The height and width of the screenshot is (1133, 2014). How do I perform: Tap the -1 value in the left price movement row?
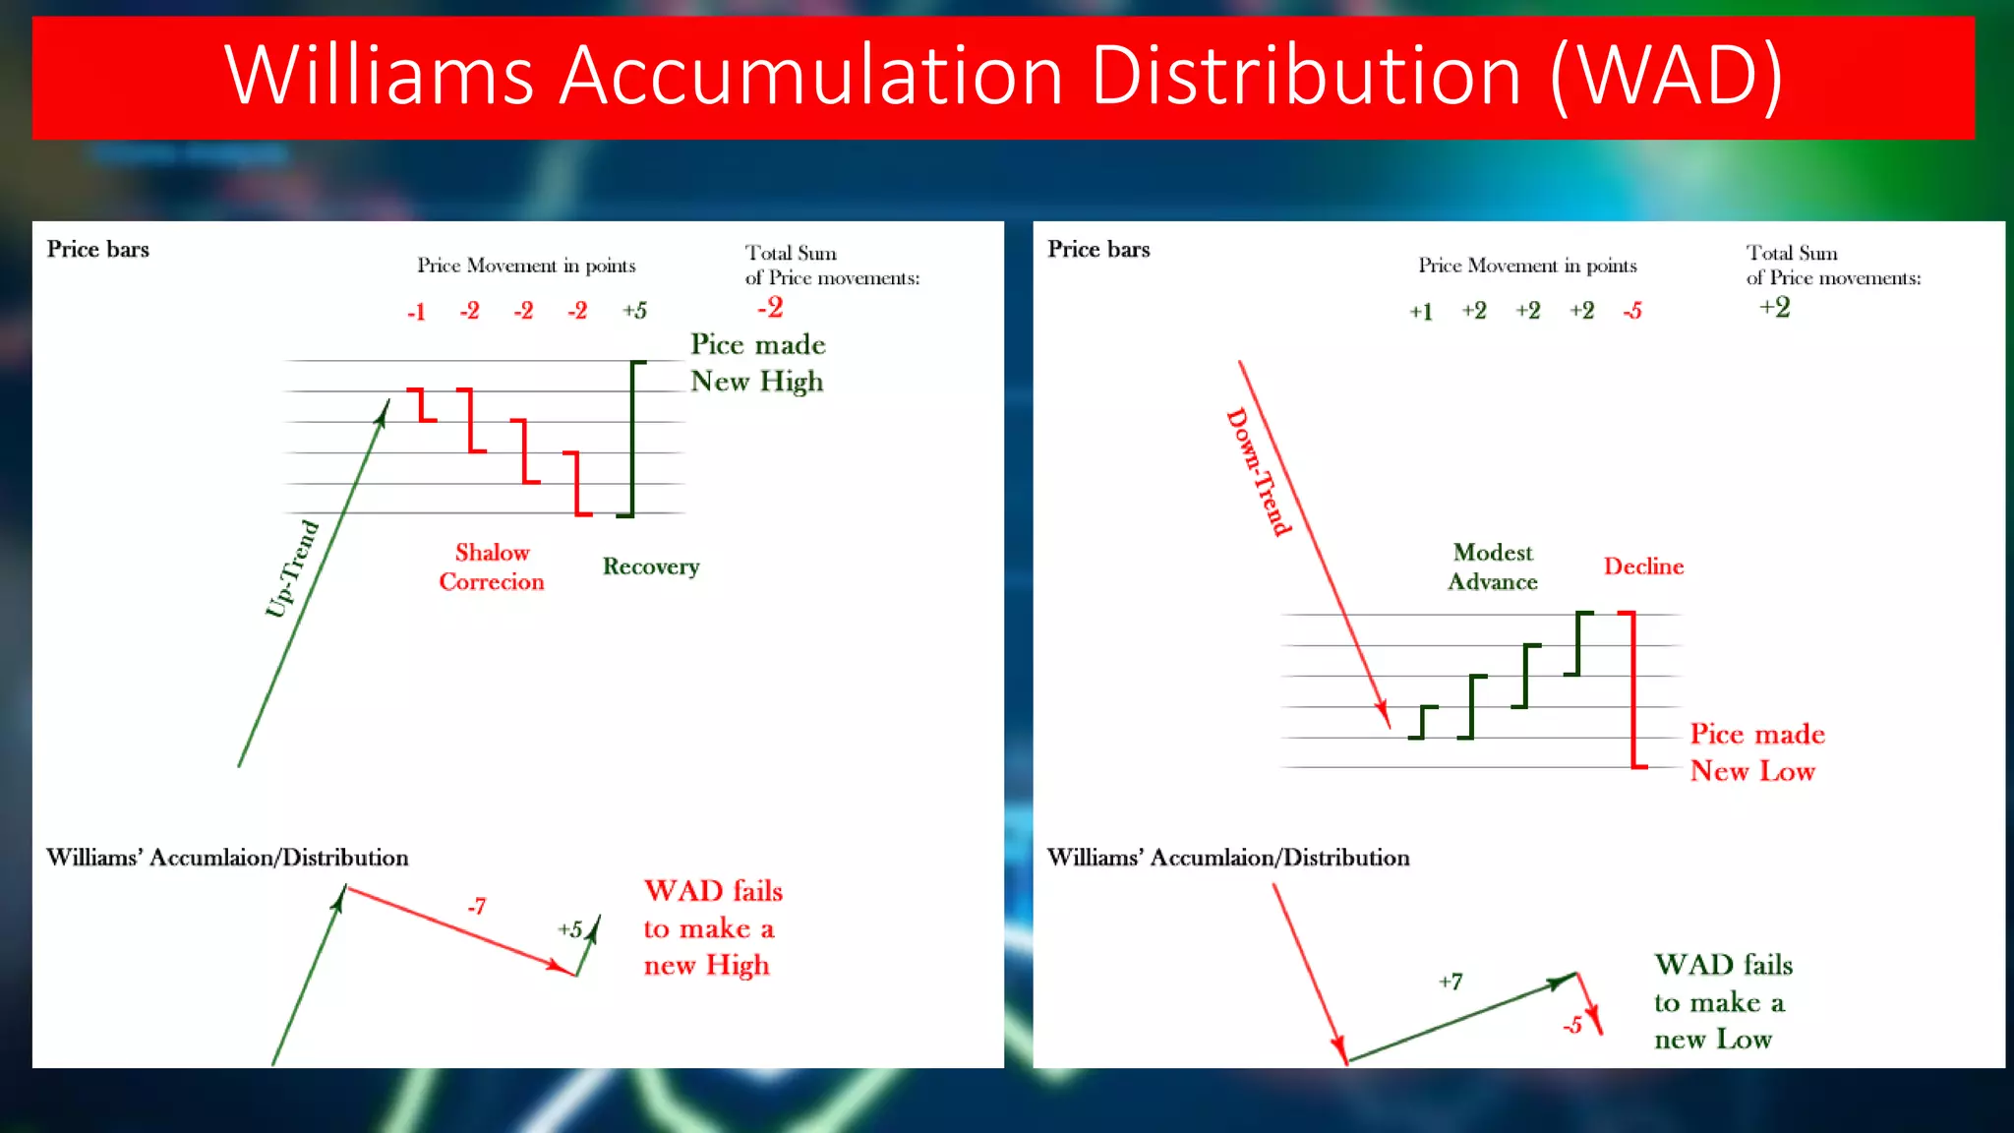coord(416,312)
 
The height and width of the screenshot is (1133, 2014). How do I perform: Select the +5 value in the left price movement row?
coord(634,311)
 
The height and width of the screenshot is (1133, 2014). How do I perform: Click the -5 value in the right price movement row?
coord(1632,311)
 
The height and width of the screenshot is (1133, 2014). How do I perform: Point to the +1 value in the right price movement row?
coord(1420,312)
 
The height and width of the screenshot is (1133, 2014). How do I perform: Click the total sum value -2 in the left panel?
coord(770,308)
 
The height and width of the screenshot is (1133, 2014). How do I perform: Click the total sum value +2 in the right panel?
coord(1774,308)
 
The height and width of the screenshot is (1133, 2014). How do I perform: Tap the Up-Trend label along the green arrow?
coord(292,568)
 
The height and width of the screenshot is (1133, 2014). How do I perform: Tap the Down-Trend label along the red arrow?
coord(1259,472)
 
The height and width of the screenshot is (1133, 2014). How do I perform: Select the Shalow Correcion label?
coord(492,566)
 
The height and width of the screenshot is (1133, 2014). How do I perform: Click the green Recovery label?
coord(650,566)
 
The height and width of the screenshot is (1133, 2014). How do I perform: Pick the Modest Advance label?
coord(1492,566)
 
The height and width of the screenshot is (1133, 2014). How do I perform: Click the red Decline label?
coord(1643,566)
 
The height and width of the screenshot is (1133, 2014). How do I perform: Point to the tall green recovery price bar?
coord(631,438)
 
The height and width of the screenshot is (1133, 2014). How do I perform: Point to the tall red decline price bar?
coord(1633,688)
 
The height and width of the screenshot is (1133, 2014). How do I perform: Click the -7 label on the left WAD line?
coord(476,906)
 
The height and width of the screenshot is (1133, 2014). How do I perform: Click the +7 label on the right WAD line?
coord(1451,982)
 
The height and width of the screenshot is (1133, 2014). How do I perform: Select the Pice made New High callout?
coord(757,363)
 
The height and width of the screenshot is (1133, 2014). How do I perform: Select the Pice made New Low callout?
coord(1756,752)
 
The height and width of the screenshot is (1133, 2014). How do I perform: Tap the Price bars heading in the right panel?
coord(1098,249)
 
